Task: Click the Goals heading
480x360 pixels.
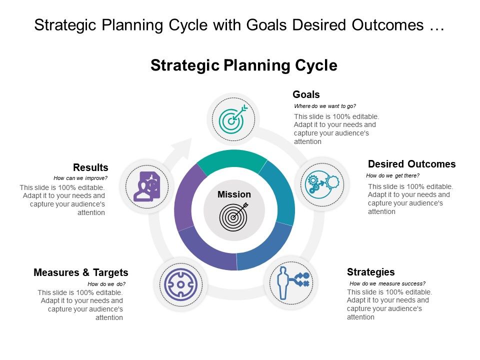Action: (306, 94)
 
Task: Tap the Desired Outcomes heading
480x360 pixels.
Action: (411, 164)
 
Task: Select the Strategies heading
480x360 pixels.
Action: (370, 272)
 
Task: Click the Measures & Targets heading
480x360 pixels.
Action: (81, 272)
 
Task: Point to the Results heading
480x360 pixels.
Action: (90, 167)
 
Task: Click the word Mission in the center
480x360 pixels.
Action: (234, 194)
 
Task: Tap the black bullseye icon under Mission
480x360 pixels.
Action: (233, 215)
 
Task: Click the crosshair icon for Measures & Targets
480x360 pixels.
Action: (180, 285)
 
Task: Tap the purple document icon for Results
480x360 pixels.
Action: (147, 185)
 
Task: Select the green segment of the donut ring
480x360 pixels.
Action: (232, 159)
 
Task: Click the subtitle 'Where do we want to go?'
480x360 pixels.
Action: (325, 106)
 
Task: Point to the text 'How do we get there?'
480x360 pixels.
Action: (392, 175)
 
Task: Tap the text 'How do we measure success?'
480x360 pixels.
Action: (387, 283)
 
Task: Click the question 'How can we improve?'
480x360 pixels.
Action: (80, 178)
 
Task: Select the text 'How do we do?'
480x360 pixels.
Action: (106, 283)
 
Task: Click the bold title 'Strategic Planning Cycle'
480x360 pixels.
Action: (244, 65)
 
